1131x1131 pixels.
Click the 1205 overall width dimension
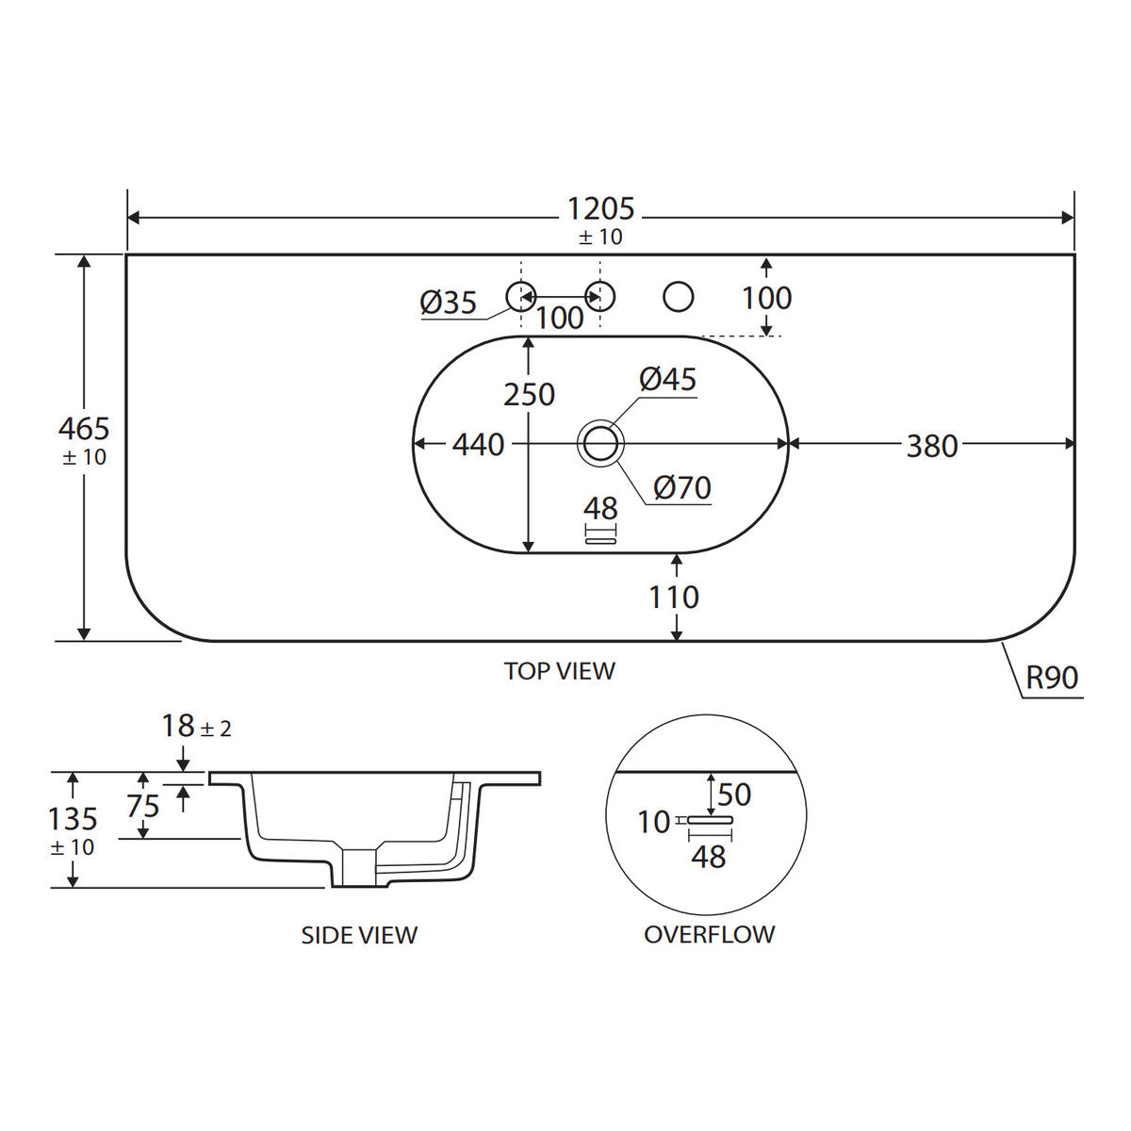[x=600, y=209]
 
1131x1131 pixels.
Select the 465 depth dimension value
[x=84, y=429]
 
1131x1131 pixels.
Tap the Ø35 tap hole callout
[x=449, y=303]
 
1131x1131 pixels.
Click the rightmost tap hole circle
[x=678, y=296]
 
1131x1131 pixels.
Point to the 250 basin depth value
[x=530, y=394]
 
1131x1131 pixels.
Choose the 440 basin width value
[x=478, y=445]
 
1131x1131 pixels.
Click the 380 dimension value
[x=932, y=446]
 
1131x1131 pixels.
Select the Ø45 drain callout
[x=668, y=379]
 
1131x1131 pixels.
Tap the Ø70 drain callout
[x=682, y=487]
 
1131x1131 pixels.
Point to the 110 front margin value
[x=674, y=598]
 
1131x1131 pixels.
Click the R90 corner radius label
[x=1053, y=679]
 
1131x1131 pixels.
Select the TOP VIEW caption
[x=559, y=671]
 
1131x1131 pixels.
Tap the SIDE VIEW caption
[x=359, y=936]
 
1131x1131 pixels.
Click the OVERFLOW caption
[x=709, y=934]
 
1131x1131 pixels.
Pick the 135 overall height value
[x=73, y=819]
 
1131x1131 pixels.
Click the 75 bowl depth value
[x=143, y=807]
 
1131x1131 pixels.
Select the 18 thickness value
[x=178, y=727]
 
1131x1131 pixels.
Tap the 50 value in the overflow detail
[x=734, y=795]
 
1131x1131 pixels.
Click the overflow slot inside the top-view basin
[x=601, y=541]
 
